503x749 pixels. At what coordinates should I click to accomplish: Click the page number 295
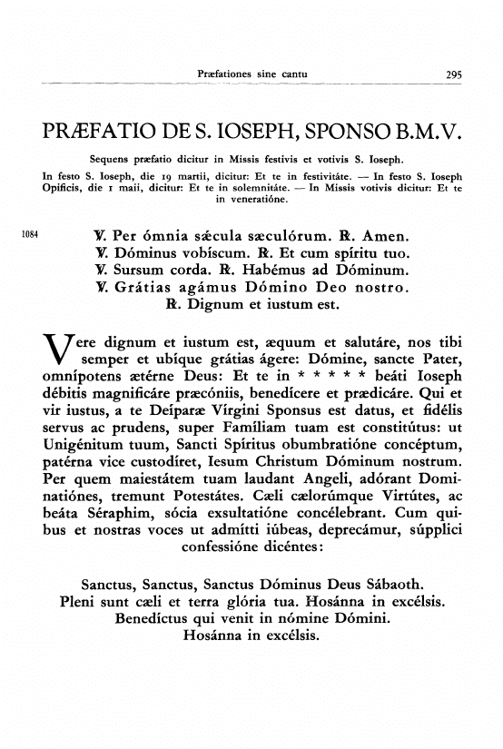449,73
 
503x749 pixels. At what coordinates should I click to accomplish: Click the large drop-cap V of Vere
57,355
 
